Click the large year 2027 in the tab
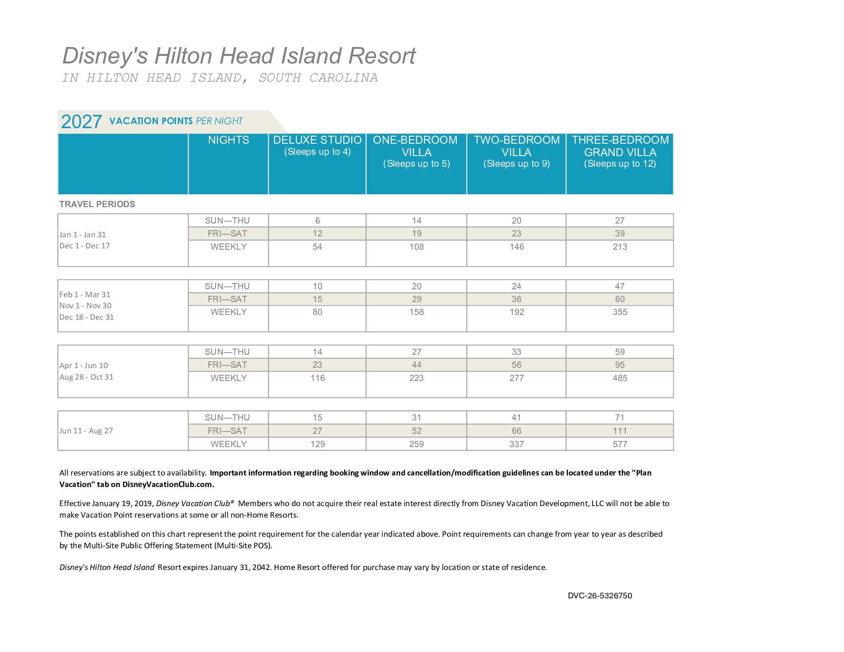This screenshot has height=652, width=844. [x=81, y=122]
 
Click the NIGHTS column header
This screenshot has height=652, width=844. [x=228, y=140]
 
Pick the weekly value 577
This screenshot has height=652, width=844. [x=620, y=444]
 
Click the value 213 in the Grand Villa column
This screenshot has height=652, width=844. [x=620, y=247]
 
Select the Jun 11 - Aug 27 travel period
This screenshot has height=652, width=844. [x=86, y=431]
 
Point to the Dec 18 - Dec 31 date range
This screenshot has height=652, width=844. [x=86, y=317]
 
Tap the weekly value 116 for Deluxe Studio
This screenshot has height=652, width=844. [x=318, y=378]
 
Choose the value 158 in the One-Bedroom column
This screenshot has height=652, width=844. [x=416, y=312]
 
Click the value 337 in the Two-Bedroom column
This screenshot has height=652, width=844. [x=516, y=444]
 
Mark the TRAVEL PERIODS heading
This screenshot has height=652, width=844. [x=97, y=204]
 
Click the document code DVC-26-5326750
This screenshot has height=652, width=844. [x=600, y=596]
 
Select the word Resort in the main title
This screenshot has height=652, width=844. [x=382, y=56]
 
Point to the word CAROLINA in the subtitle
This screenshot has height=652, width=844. [x=343, y=78]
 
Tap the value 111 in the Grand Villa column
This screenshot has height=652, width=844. [x=620, y=431]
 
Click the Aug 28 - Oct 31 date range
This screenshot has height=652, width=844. [x=86, y=377]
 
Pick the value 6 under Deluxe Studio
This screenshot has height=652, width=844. [x=318, y=220]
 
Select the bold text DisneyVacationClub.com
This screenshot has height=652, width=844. [x=168, y=484]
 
